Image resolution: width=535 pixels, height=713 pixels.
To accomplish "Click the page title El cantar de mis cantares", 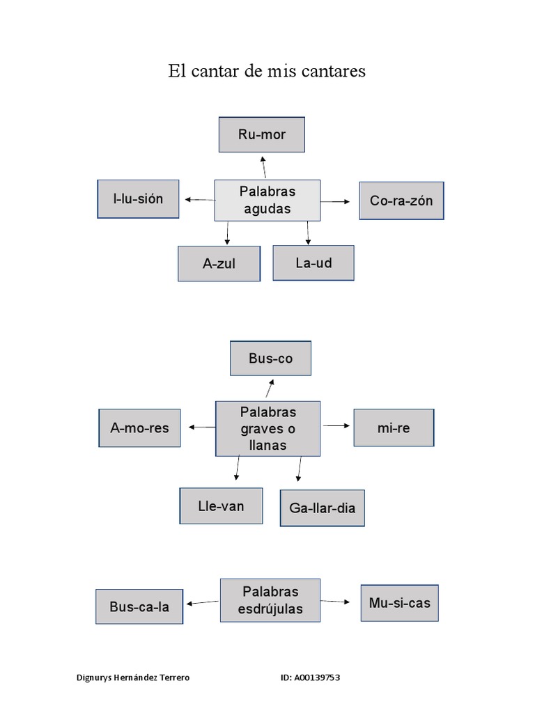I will click(x=267, y=71).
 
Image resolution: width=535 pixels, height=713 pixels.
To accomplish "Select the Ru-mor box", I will click(x=262, y=135).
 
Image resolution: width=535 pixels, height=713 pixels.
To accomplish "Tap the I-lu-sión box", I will click(x=138, y=199).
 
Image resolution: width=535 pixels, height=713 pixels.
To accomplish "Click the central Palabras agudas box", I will click(x=267, y=201).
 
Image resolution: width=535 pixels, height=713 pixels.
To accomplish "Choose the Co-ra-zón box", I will click(x=401, y=201).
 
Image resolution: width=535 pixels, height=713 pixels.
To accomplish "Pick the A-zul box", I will click(x=219, y=264).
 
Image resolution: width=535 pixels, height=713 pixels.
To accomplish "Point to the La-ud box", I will click(x=313, y=263).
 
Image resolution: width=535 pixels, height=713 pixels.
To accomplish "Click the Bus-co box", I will click(x=271, y=359).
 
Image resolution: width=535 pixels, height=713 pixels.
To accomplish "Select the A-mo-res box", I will click(x=139, y=428).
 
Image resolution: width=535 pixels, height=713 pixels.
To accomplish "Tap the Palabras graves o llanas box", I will click(x=268, y=428).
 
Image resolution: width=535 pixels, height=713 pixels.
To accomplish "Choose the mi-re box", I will click(x=394, y=428).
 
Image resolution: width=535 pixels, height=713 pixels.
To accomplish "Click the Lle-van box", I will click(x=221, y=506).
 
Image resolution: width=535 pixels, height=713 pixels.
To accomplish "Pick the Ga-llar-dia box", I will click(x=322, y=508).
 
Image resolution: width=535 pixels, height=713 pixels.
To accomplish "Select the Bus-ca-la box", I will click(x=139, y=606).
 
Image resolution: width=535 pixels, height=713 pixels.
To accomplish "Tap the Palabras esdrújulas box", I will click(x=270, y=600).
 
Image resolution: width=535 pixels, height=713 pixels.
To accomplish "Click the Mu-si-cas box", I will click(x=400, y=602).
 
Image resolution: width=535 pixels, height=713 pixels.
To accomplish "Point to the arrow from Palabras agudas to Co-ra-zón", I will click(x=335, y=201).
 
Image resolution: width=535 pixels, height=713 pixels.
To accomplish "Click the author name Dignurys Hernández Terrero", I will click(x=132, y=677).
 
